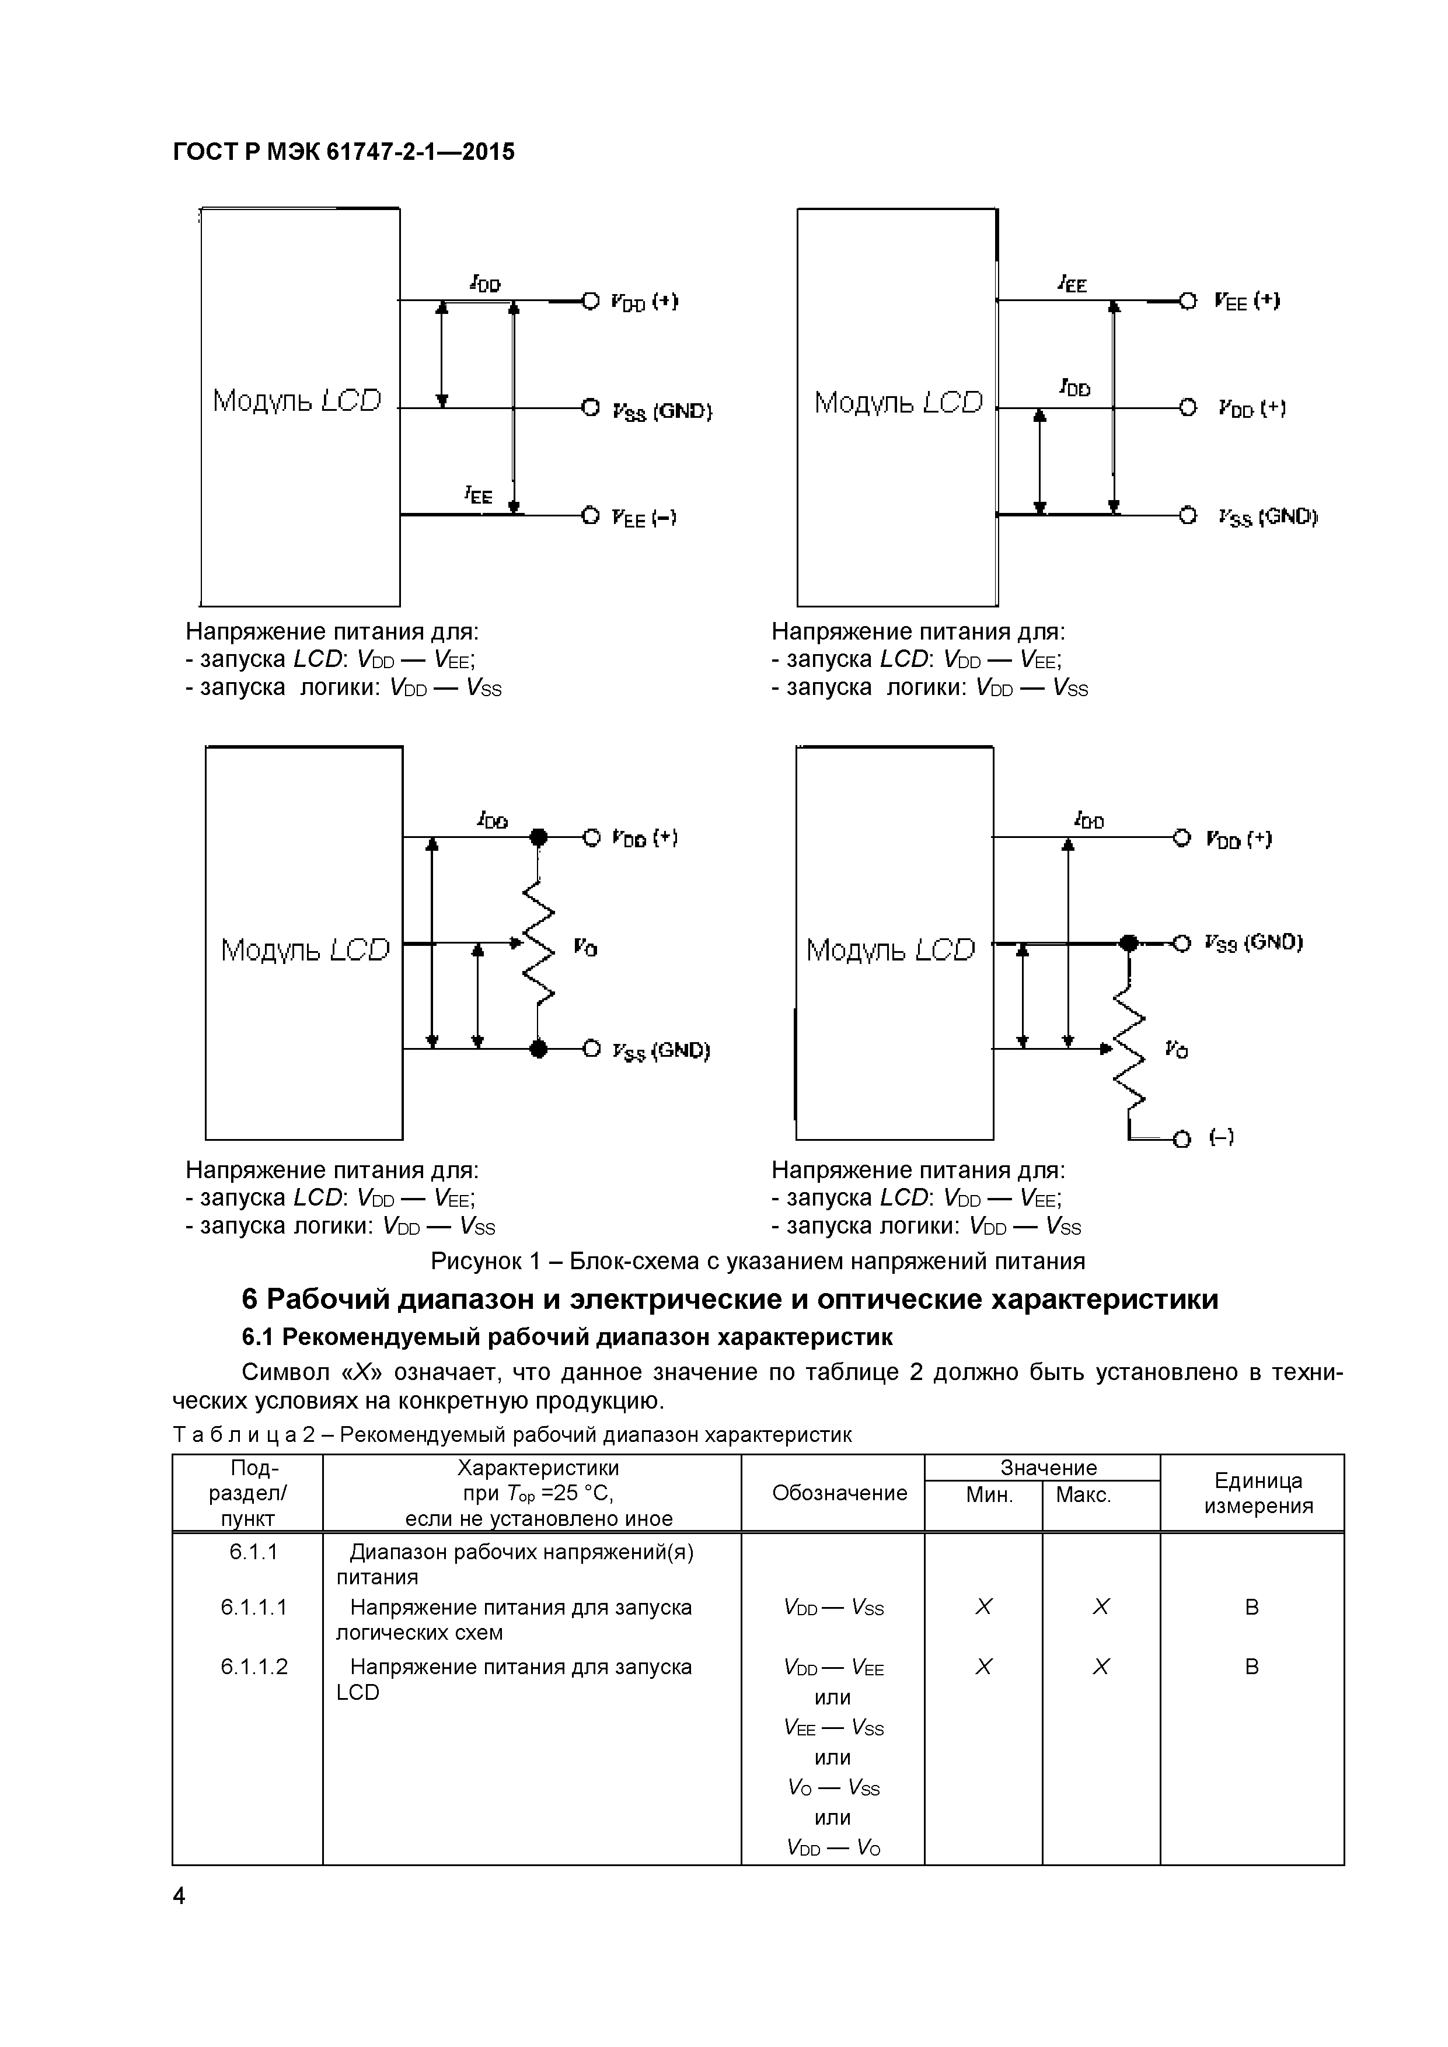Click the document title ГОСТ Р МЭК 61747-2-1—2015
(x=343, y=152)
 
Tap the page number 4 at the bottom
(x=179, y=1895)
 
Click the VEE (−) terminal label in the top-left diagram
(x=644, y=518)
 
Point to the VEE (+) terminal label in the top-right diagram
(x=1247, y=301)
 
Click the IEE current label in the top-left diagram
(x=478, y=495)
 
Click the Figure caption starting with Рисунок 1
(x=758, y=1260)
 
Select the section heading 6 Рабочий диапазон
(x=730, y=1299)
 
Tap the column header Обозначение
(x=839, y=1493)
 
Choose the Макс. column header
(x=1083, y=1495)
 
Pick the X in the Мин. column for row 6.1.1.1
(x=983, y=1606)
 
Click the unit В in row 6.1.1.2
(x=1252, y=1667)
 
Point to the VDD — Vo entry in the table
(x=833, y=1848)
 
